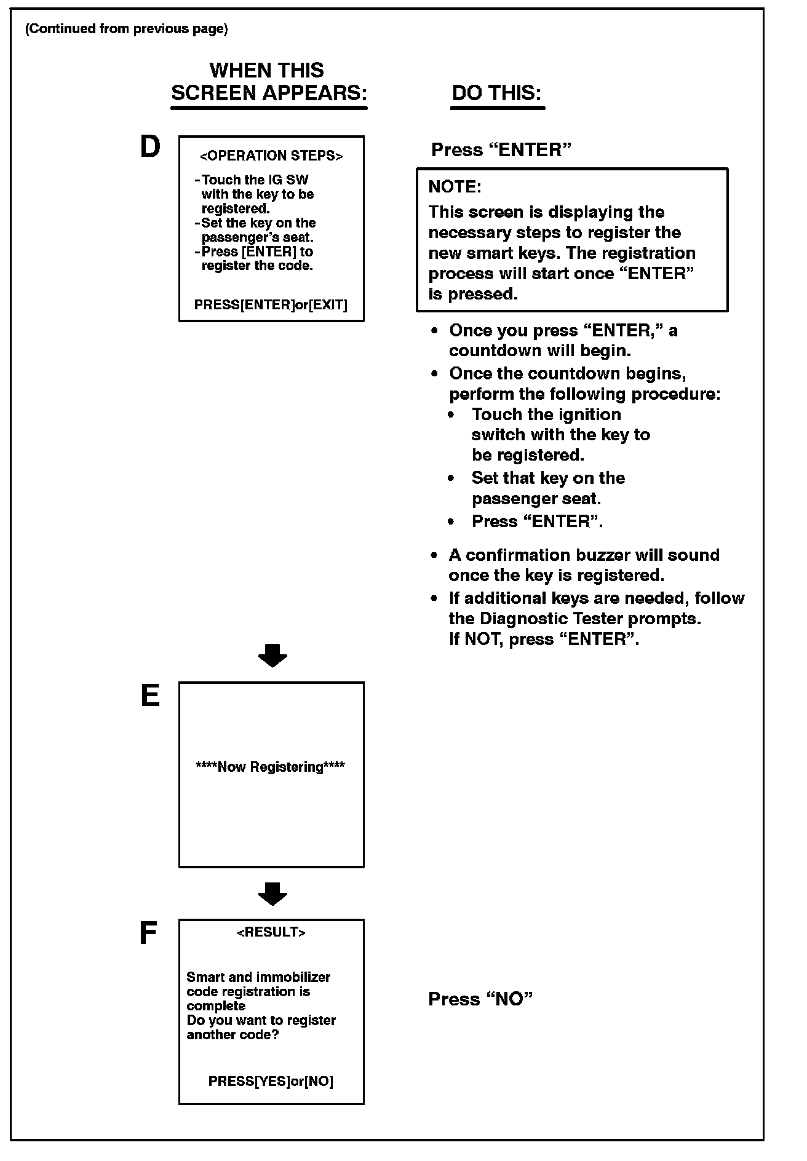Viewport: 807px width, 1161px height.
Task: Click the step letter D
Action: tap(150, 148)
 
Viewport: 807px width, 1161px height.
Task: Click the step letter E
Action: tap(150, 696)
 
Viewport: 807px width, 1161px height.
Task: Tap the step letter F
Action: tap(148, 933)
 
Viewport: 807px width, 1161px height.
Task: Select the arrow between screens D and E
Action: tap(272, 656)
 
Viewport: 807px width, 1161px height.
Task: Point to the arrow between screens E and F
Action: tap(272, 894)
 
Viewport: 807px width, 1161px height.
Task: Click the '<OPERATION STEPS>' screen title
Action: tap(271, 156)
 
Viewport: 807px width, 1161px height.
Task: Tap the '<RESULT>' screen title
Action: tap(271, 932)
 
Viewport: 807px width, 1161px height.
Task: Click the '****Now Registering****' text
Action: tap(270, 767)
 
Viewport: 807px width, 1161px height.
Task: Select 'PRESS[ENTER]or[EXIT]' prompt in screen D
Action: tap(271, 304)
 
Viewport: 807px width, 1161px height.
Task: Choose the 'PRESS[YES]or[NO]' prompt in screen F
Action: tap(271, 1081)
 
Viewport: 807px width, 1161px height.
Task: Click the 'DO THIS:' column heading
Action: tap(497, 93)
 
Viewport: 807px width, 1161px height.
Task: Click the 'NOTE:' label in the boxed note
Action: tap(455, 186)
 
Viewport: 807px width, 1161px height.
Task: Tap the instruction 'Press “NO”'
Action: tap(480, 999)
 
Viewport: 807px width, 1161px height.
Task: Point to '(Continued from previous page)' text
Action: tap(126, 29)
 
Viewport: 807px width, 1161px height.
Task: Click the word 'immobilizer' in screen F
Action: tap(293, 977)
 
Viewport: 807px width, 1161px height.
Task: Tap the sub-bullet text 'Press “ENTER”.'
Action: tap(537, 521)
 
